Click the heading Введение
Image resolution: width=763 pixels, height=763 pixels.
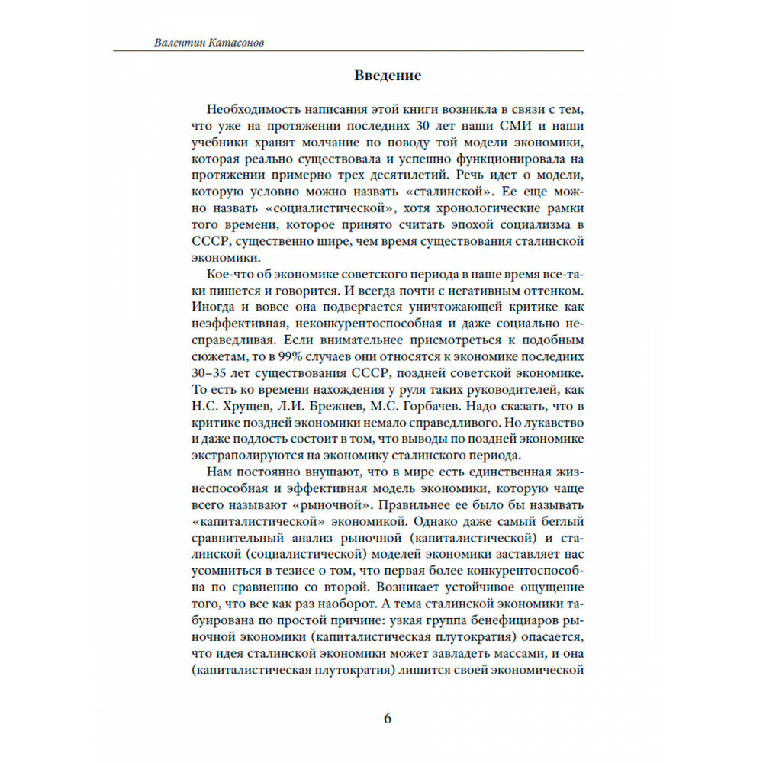388,76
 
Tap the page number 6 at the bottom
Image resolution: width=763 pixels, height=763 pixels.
387,718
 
